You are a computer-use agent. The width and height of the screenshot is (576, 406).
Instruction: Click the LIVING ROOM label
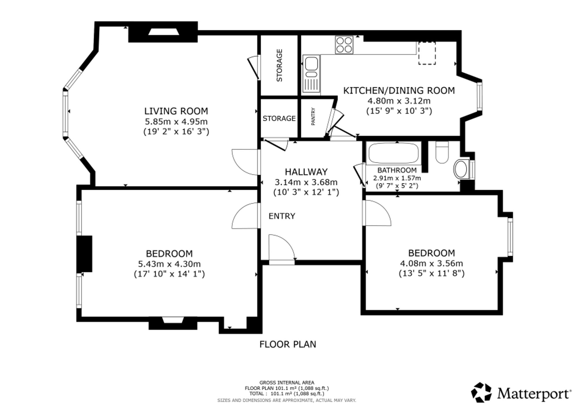point(176,111)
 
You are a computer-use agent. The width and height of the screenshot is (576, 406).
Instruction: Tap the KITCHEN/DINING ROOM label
point(399,90)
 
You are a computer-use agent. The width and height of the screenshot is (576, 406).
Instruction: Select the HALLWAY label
point(306,172)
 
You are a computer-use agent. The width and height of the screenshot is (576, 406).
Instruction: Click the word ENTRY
point(282,216)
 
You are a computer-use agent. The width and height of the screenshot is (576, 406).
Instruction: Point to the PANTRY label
point(313,116)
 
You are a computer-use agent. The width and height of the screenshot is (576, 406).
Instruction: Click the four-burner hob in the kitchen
point(344,45)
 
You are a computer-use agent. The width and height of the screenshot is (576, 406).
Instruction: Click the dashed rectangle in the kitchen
point(427,53)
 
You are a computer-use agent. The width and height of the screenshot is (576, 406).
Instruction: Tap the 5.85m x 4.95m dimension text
point(176,121)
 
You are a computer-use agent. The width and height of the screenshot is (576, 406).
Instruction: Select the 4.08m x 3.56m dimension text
point(431,263)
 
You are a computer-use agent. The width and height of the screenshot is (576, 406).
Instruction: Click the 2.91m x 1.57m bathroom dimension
point(397,178)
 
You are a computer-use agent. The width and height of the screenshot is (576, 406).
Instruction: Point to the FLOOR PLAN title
point(288,344)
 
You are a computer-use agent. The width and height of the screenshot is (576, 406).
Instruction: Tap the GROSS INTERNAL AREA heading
point(287,383)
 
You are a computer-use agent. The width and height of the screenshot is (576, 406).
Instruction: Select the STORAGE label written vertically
point(279,65)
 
